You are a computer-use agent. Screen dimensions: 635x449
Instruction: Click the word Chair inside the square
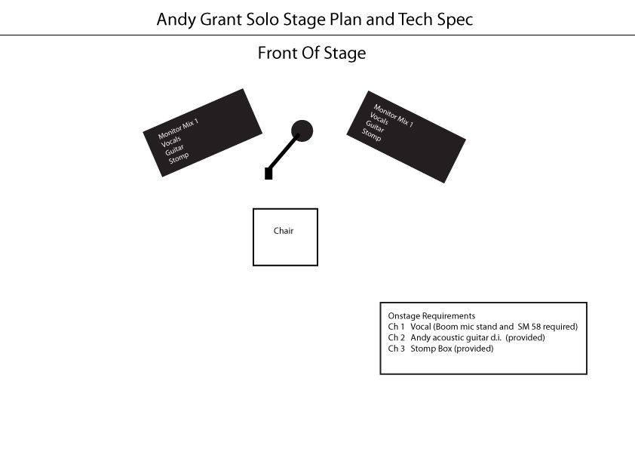[x=284, y=231]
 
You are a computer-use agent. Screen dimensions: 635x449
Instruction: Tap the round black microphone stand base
[x=302, y=131]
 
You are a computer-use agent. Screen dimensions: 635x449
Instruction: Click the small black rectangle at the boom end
[x=268, y=174]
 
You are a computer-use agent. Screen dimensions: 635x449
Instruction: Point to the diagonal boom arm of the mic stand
[x=284, y=151]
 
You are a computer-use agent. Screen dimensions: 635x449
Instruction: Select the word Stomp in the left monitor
[x=179, y=158]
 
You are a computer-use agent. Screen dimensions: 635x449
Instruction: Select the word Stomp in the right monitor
[x=371, y=135]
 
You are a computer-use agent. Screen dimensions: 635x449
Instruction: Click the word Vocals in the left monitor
[x=171, y=141]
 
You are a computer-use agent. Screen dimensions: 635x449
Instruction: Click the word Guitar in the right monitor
[x=375, y=127]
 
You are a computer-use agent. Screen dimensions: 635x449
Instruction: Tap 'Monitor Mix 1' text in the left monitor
[x=178, y=128]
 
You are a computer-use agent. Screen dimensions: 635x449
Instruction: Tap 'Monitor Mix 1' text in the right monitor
[x=393, y=115]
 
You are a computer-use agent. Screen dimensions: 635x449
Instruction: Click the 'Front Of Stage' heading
[x=311, y=53]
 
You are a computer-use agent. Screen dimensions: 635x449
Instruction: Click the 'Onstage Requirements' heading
[x=431, y=315]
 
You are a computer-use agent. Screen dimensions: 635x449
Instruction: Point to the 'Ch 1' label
[x=396, y=327]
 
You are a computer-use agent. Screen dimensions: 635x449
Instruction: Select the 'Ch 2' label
[x=396, y=337]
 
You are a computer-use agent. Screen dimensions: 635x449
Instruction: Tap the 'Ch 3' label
[x=396, y=349]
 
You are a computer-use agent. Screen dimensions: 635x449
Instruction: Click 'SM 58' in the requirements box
[x=529, y=327]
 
